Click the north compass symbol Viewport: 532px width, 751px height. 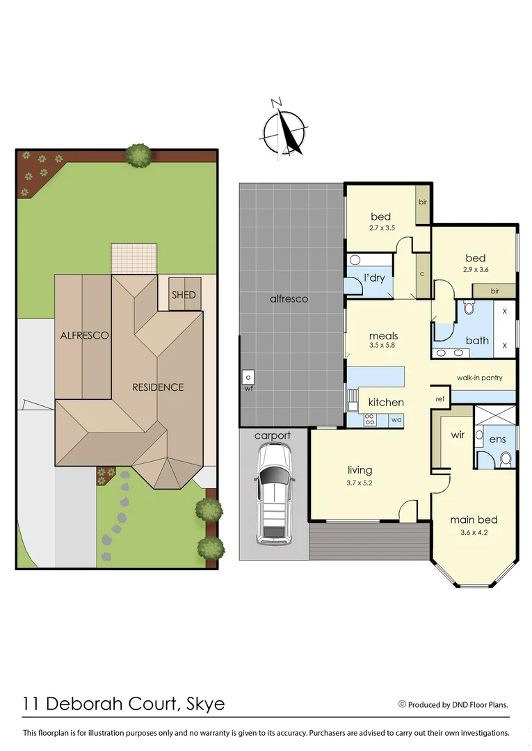(x=284, y=129)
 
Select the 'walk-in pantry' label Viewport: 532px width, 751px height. (x=479, y=378)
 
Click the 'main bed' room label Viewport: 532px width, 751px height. (x=474, y=519)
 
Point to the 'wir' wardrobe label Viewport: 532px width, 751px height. (x=458, y=435)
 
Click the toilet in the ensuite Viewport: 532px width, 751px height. (x=506, y=458)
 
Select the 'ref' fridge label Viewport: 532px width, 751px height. (x=440, y=399)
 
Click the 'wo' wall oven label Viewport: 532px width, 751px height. (x=396, y=420)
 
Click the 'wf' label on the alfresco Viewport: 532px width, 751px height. (x=248, y=389)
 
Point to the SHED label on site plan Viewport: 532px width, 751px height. (x=184, y=295)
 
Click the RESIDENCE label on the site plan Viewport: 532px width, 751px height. (x=159, y=387)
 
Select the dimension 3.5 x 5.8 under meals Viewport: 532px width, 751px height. (x=383, y=348)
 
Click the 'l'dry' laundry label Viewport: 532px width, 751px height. (x=374, y=278)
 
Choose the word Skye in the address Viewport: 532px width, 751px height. (x=207, y=703)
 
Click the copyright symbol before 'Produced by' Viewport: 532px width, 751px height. (x=402, y=704)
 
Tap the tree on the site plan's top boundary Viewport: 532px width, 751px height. (x=139, y=155)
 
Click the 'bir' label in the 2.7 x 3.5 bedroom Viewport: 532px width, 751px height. (x=423, y=202)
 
